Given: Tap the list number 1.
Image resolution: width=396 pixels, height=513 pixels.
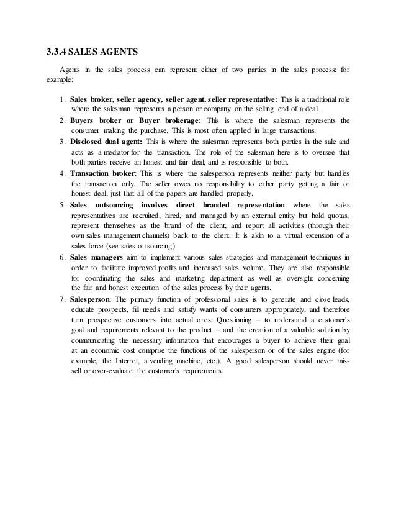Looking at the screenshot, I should point(62,99).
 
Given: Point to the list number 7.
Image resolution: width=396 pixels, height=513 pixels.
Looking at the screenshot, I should point(62,300).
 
